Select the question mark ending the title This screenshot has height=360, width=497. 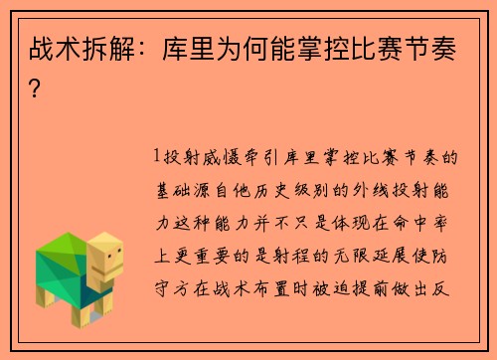point(36,89)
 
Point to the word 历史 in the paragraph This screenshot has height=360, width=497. point(280,186)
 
